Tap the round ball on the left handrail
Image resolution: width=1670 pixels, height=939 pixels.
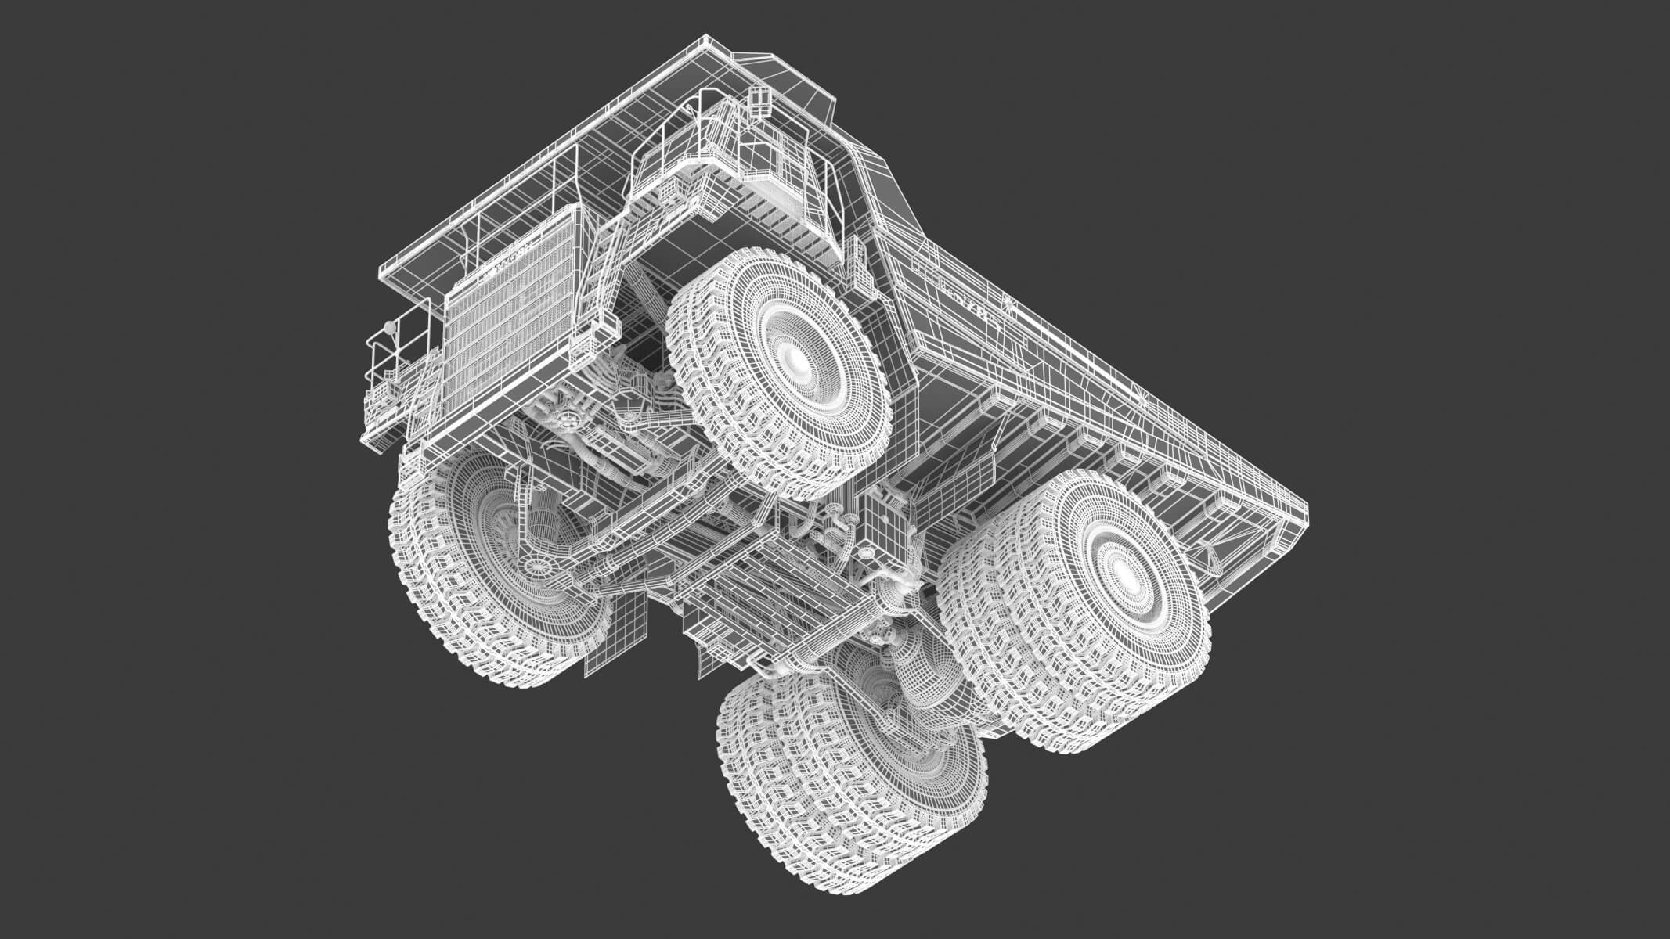(389, 324)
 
